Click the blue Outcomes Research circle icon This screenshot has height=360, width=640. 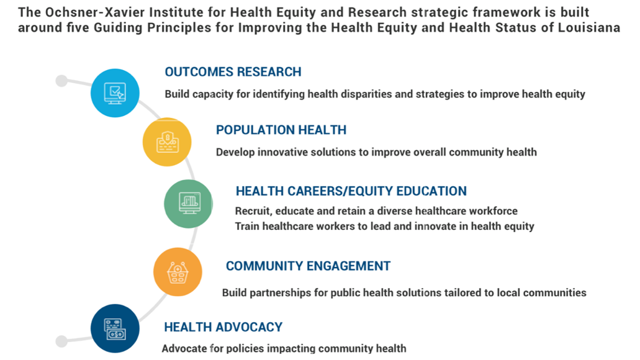(115, 93)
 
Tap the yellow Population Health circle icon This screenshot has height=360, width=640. (167, 142)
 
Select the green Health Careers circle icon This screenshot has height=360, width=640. (189, 204)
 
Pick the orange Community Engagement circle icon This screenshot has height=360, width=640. (178, 272)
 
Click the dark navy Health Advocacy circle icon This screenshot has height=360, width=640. (115, 328)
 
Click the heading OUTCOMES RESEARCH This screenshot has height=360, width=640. (233, 72)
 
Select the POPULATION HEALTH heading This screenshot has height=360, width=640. (281, 130)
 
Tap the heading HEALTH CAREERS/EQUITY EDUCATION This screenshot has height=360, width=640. (351, 191)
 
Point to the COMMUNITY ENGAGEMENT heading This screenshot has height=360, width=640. (308, 266)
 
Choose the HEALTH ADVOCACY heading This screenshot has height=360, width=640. (223, 327)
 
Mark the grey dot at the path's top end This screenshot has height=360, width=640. (61, 81)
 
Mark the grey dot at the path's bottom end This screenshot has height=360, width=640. (61, 341)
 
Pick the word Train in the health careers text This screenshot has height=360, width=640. (247, 226)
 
